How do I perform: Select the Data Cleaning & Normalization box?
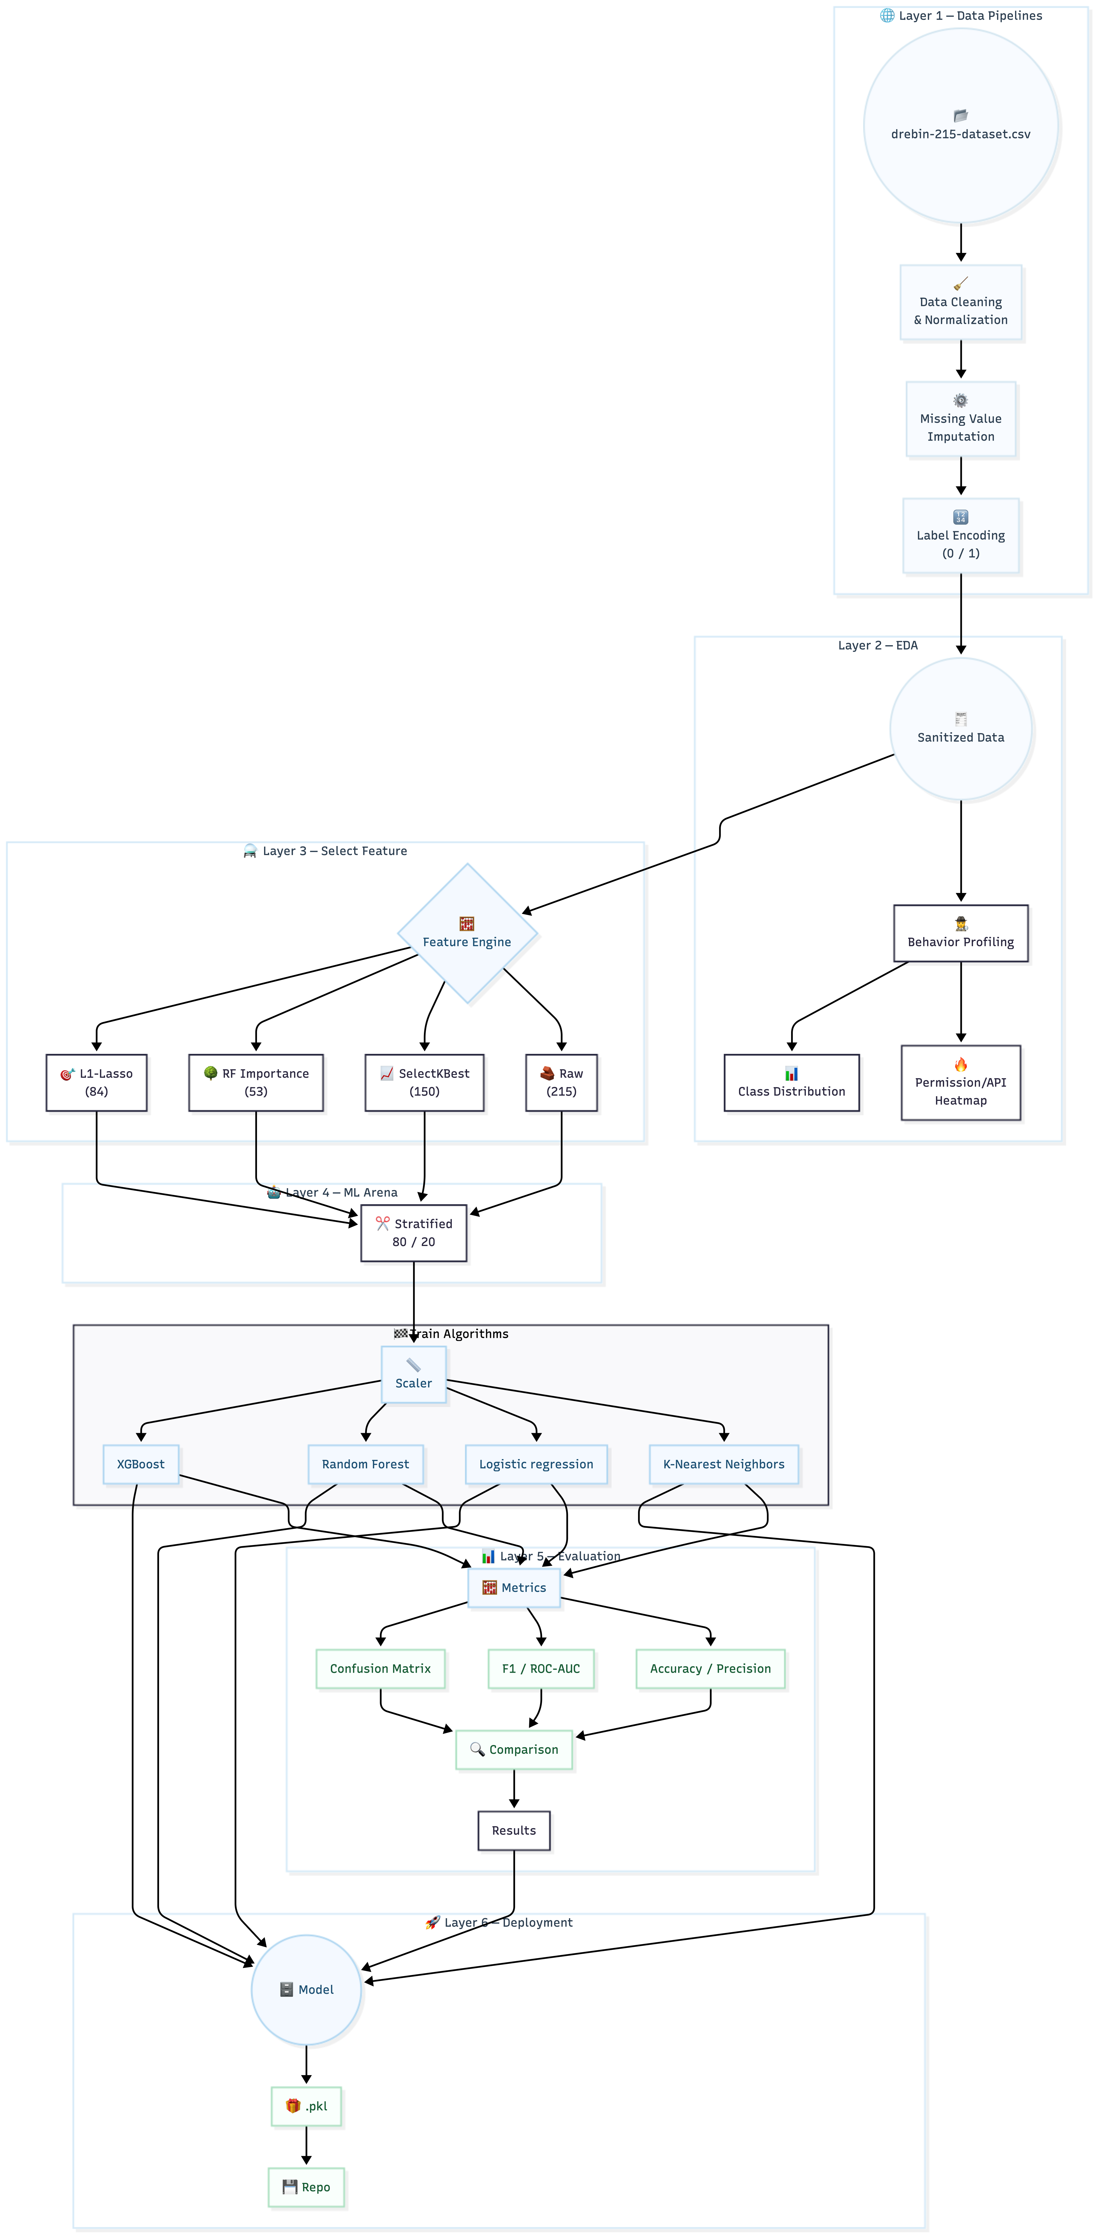[961, 302]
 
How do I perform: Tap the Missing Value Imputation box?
[961, 419]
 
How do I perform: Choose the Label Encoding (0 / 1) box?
[961, 535]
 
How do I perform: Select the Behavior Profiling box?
[961, 934]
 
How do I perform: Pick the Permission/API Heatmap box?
[961, 1083]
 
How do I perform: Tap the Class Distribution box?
[791, 1083]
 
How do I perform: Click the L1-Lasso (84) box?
[96, 1083]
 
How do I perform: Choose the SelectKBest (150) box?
[424, 1083]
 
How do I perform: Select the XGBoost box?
[140, 1465]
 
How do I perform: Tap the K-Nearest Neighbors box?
[724, 1465]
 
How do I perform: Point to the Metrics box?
[514, 1588]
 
